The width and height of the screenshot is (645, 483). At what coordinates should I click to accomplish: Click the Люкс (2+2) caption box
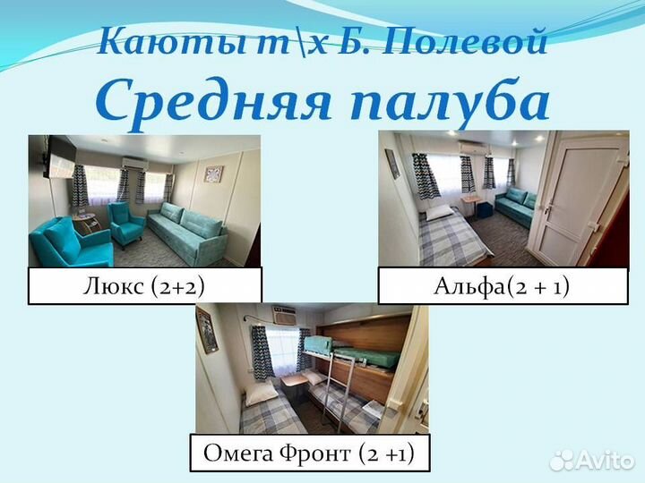coord(144,285)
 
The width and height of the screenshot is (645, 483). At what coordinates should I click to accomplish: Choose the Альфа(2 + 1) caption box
coord(503,285)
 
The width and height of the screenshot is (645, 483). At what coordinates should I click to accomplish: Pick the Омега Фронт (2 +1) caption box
coord(309,453)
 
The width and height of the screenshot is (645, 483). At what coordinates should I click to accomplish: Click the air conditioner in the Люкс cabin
coord(134,163)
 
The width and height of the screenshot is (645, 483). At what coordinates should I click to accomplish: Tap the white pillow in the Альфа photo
coord(438,213)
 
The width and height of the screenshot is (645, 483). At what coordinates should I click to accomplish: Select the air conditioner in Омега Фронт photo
coord(285,316)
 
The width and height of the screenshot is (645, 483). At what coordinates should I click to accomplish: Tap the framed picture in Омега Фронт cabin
coord(207,330)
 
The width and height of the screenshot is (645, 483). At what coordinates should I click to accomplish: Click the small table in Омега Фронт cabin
coord(293,381)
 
